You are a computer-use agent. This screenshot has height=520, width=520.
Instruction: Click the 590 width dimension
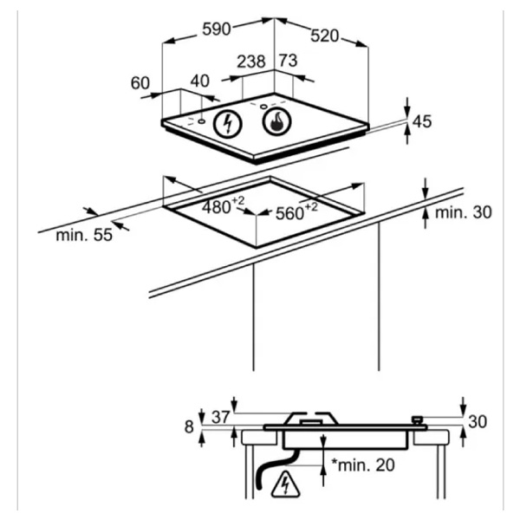tap(217, 29)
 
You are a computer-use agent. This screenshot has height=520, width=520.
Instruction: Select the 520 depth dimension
tap(325, 36)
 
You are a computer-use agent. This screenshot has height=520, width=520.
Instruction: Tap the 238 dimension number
tap(251, 62)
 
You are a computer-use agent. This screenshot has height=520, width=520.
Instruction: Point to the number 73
tap(289, 61)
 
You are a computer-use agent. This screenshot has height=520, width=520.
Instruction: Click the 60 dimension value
tap(140, 83)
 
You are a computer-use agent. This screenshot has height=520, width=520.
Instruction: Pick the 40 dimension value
tap(200, 81)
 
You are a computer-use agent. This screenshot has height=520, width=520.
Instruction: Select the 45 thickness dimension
tap(422, 121)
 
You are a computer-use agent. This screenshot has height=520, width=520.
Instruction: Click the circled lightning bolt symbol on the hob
tap(227, 123)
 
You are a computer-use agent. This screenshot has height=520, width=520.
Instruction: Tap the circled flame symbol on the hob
tap(277, 121)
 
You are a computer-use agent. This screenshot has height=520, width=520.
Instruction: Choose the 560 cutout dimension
tap(296, 211)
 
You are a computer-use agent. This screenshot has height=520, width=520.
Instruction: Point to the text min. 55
tap(84, 235)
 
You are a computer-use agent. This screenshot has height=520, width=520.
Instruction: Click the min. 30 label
tap(464, 212)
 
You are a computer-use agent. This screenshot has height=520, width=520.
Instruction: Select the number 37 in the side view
tap(221, 417)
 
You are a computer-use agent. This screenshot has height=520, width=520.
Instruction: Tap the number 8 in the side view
tap(189, 427)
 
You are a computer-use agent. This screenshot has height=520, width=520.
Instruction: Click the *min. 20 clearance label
tap(363, 465)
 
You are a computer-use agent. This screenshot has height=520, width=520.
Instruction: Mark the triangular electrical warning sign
tap(285, 484)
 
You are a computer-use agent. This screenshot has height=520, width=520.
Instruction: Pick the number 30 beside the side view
tap(478, 422)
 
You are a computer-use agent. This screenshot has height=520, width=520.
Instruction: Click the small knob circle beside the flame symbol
tap(263, 107)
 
